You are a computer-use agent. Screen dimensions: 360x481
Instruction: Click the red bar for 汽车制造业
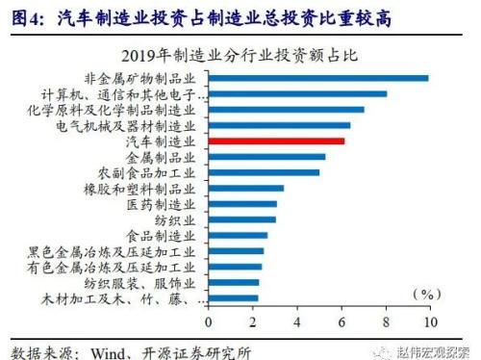click(276, 141)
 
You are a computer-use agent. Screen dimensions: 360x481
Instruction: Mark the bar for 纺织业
click(241, 219)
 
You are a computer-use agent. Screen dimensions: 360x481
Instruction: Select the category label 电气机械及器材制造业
click(140, 125)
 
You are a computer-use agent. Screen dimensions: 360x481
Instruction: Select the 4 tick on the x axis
click(297, 321)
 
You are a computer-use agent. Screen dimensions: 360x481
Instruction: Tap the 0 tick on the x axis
click(209, 321)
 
